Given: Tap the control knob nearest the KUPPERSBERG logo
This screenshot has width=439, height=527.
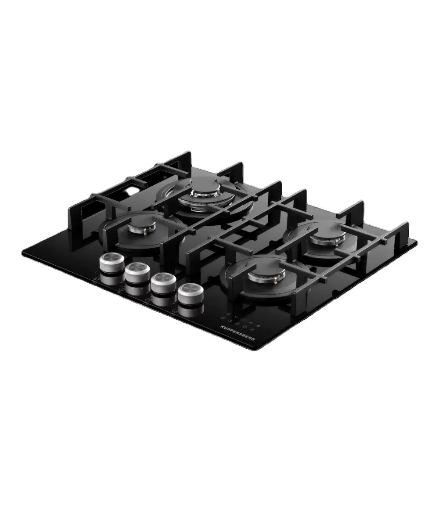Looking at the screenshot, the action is tap(191, 294).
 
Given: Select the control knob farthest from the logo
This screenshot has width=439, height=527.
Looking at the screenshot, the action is tap(112, 263).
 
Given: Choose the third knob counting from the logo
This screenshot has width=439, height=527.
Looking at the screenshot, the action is tap(137, 273).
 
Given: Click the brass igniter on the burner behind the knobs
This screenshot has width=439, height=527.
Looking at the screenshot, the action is tap(145, 232).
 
